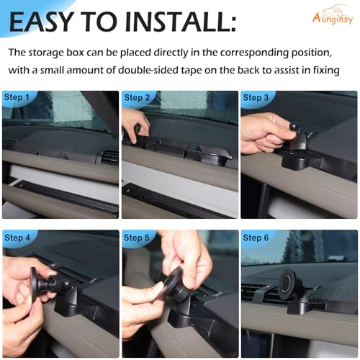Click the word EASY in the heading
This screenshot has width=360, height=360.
tap(41, 22)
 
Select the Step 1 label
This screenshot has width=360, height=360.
tap(17, 97)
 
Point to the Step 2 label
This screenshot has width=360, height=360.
tap(137, 98)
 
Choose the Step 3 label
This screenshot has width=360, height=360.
tap(256, 98)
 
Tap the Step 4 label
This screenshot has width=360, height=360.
tap(17, 238)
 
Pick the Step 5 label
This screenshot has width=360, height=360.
tap(137, 238)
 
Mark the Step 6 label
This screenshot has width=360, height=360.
tap(256, 238)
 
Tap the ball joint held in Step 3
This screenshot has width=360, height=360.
tap(293, 125)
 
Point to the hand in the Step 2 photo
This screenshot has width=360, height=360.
tap(135, 125)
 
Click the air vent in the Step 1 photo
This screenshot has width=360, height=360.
tap(107, 157)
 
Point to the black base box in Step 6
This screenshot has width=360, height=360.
tap(306, 308)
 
